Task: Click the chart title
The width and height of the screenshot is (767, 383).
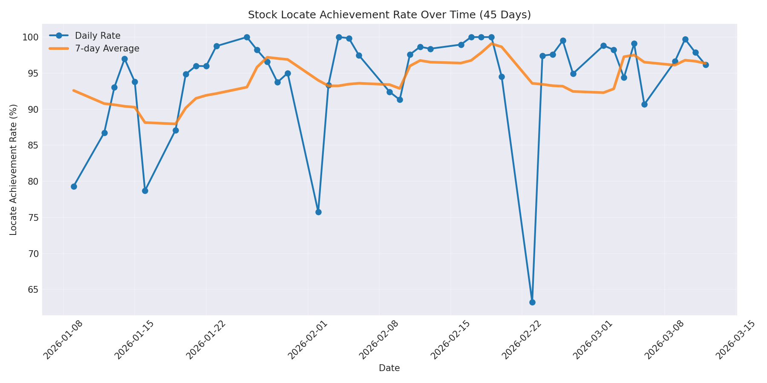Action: click(389, 15)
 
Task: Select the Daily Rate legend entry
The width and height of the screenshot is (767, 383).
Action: click(97, 36)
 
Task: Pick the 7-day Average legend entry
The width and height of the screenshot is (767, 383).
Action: click(107, 49)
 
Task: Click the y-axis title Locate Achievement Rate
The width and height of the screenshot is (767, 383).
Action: click(14, 169)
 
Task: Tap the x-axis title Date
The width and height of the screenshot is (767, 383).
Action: click(389, 368)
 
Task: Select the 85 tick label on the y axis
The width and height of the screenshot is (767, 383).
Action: click(33, 146)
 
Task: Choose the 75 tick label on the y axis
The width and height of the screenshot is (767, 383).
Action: click(33, 218)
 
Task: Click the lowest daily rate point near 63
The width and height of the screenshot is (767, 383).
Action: click(532, 302)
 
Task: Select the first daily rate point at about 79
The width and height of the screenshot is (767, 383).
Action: click(74, 186)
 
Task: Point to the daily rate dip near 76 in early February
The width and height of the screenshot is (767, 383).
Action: click(318, 212)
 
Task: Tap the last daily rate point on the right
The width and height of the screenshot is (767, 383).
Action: click(706, 65)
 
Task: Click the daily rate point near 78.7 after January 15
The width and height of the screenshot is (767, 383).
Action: click(145, 191)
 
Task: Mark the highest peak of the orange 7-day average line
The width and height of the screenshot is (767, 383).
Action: click(492, 43)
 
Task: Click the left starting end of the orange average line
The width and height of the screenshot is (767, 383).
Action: click(74, 90)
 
